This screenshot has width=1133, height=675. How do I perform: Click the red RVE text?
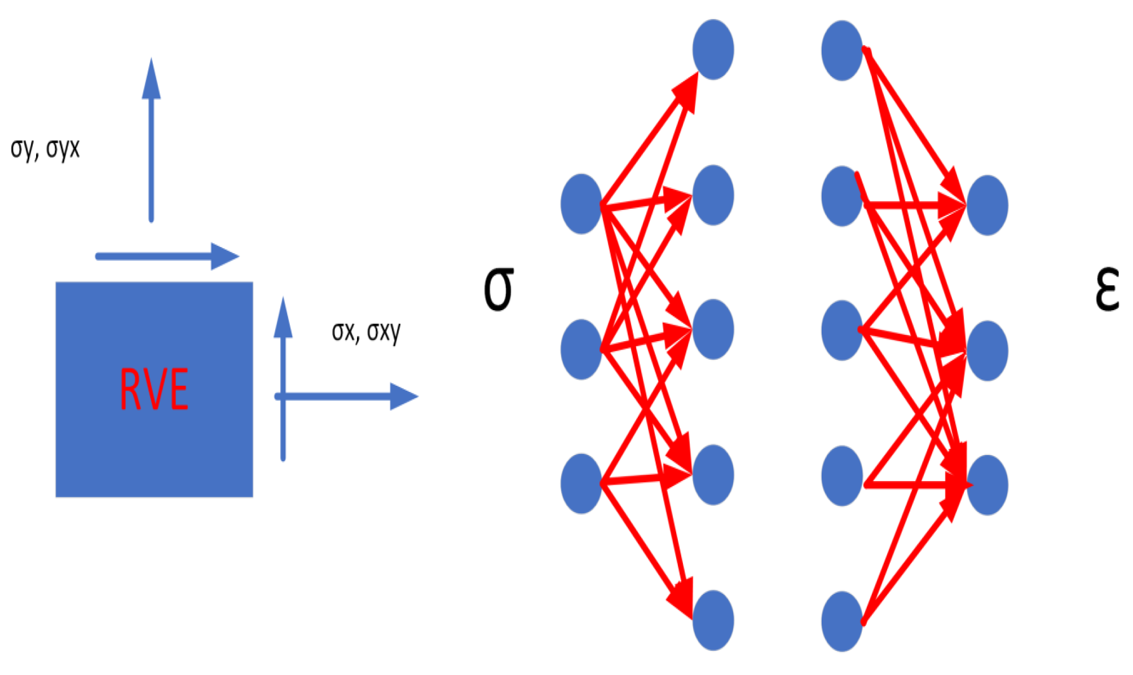coord(154,389)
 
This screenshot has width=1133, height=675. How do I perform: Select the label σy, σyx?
coord(45,149)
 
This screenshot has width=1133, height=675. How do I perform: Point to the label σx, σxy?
coord(366,332)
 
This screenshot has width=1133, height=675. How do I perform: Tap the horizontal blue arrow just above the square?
coord(167,256)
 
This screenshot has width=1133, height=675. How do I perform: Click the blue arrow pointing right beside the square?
coord(346,396)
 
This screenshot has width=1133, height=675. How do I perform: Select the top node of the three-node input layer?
coord(581,204)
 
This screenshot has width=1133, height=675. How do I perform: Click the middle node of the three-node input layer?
coord(581,349)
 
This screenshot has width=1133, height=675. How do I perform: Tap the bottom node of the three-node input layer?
coord(581,484)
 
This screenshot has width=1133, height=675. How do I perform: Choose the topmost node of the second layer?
coord(713,50)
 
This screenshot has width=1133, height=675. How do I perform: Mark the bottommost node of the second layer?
coord(713,620)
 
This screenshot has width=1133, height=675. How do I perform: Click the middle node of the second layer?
coord(713,329)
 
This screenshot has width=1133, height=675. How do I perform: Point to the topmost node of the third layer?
coord(842,51)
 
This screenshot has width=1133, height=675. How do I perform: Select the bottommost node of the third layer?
coord(842,621)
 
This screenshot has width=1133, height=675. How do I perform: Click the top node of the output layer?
coord(987,205)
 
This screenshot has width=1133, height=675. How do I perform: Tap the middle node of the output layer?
coord(987,351)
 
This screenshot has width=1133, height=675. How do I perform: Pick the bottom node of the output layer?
coord(987,485)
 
